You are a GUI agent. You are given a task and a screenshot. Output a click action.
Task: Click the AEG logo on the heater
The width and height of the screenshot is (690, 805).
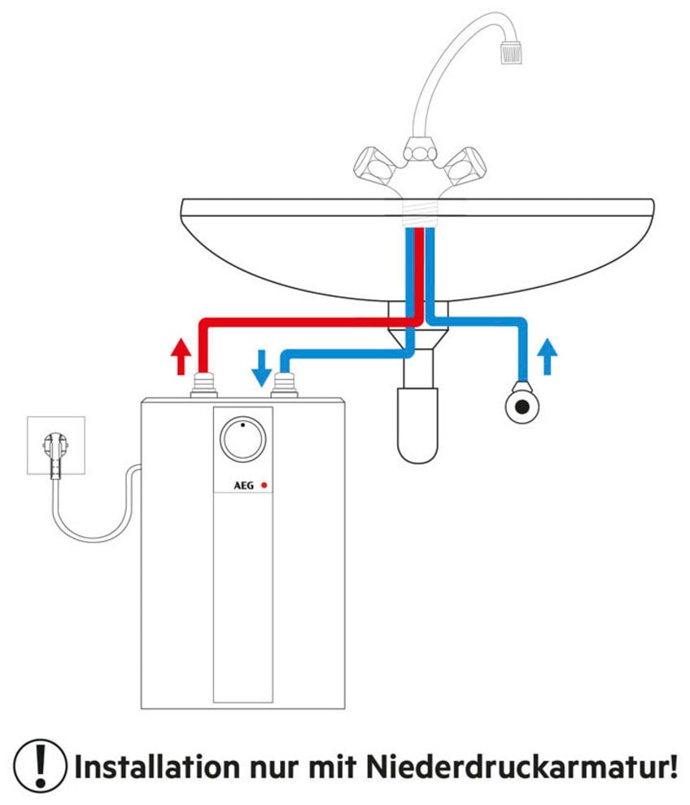(243, 485)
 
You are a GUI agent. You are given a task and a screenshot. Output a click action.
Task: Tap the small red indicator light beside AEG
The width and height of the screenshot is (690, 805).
(264, 485)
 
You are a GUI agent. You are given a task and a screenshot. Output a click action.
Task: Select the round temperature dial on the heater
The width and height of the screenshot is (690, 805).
(242, 439)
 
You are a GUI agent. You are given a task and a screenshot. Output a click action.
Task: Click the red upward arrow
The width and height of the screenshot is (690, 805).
(181, 355)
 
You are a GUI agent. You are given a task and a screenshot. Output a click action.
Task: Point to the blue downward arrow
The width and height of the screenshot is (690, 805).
(261, 367)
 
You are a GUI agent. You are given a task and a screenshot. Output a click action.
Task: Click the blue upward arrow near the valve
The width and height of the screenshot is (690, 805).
(548, 356)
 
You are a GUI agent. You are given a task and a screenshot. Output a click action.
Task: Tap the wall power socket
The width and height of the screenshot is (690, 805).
(56, 445)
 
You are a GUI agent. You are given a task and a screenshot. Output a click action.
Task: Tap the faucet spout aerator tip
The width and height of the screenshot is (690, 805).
(510, 53)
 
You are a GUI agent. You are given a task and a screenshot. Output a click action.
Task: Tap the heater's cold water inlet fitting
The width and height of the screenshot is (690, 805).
(284, 384)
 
